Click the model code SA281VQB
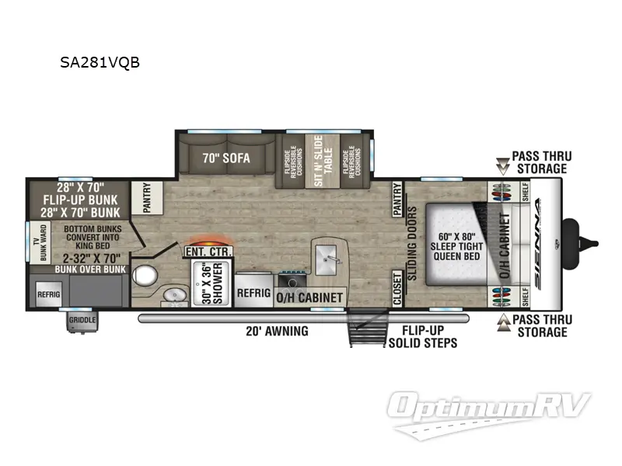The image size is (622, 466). coord(100,63)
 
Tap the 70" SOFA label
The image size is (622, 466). coord(225,158)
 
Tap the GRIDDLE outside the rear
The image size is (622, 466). coord(82,318)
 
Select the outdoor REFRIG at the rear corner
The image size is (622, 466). coord(49,294)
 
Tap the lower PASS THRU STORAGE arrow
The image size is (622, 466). coord(502,320)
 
